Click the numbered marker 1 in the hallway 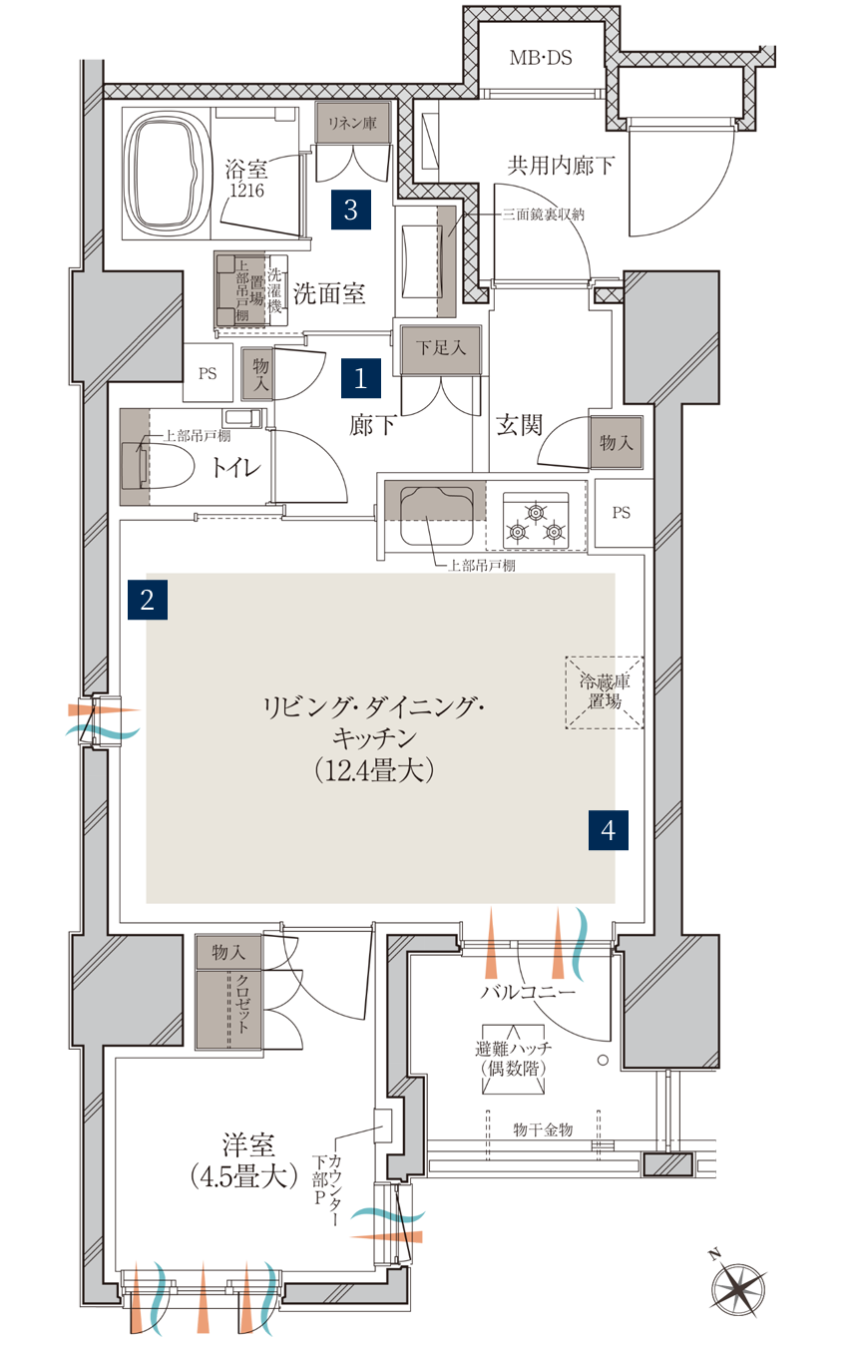point(361,378)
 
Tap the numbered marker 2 point(148,600)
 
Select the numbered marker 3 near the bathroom point(351,210)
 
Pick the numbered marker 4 point(608,830)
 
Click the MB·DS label point(541,58)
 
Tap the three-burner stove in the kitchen point(536,521)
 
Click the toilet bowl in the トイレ point(158,465)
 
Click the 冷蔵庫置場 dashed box point(604,692)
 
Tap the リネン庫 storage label point(352,123)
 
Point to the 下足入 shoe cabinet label point(441,347)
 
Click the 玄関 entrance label point(519,425)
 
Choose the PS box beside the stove point(623,513)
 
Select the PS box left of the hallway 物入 point(208,373)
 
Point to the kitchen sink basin point(436,516)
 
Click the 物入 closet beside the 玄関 point(616,443)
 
